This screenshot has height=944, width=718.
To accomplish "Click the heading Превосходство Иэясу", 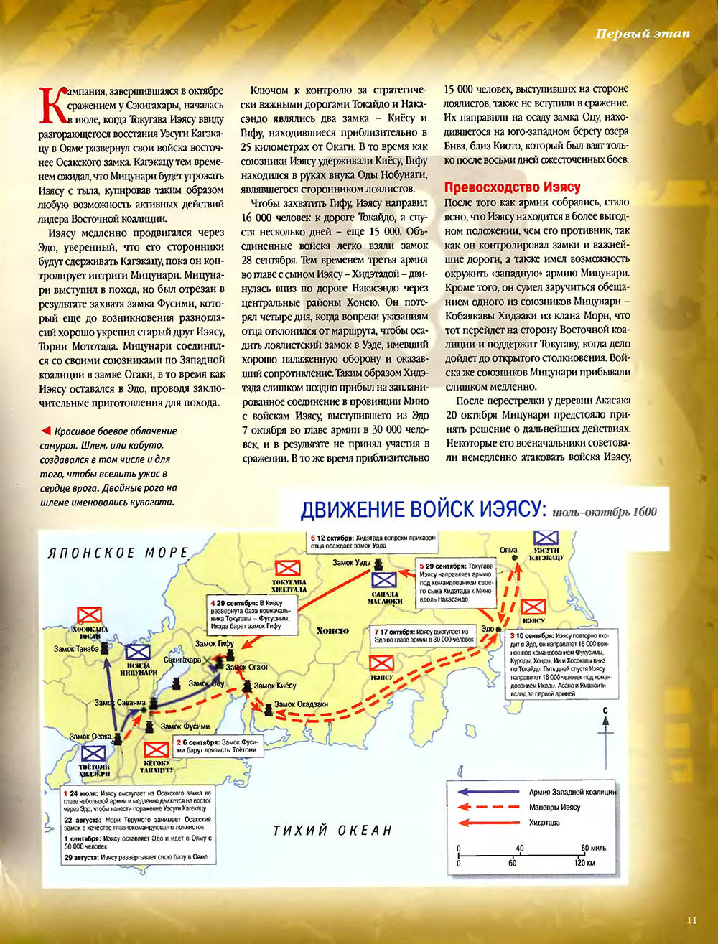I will click(x=512, y=187).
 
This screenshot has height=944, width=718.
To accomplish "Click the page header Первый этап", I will click(x=643, y=34).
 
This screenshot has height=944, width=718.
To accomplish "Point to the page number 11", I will click(x=691, y=919).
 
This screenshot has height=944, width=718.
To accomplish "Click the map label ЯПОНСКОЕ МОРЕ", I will click(x=118, y=553).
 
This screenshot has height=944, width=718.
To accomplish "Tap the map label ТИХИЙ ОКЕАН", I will click(x=332, y=831).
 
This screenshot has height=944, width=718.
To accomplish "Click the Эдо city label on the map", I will click(x=488, y=629).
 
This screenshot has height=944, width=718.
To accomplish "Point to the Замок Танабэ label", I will click(x=75, y=649).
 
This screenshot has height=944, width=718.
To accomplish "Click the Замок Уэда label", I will click(x=351, y=563).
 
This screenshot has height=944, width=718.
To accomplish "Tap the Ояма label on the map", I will click(x=508, y=551).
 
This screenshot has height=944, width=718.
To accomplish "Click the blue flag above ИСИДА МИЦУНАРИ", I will click(x=138, y=652).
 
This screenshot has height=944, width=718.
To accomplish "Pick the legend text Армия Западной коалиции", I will click(x=572, y=792).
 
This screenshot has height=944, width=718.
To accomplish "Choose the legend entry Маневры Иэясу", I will click(x=554, y=808).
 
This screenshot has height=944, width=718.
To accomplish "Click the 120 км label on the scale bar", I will click(x=584, y=863).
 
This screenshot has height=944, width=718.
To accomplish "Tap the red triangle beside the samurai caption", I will click(x=45, y=431).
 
